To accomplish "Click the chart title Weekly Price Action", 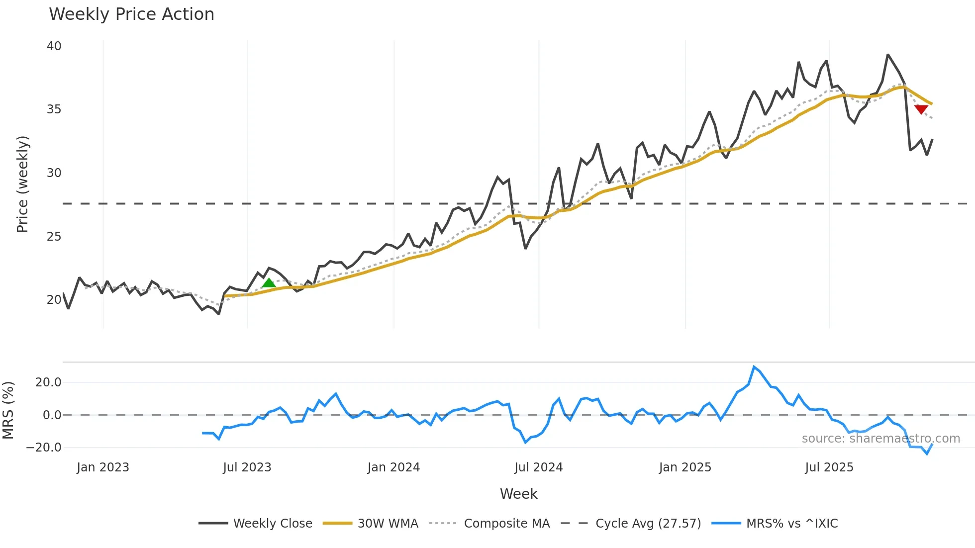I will (x=131, y=14).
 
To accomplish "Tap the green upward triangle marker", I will (x=269, y=283).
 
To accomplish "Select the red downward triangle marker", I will (x=921, y=109).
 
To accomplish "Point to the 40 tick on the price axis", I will (x=54, y=46).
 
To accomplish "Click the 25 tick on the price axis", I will (x=54, y=237).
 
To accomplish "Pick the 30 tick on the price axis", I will (x=54, y=173).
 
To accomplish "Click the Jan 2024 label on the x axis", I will (x=393, y=467).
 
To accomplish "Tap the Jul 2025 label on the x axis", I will (x=829, y=467).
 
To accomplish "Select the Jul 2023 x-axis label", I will (x=247, y=467).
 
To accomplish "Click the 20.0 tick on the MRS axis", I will (x=48, y=382).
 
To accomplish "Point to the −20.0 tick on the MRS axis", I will (x=44, y=448).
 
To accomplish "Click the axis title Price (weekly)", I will (x=22, y=184).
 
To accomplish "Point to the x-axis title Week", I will (x=518, y=494).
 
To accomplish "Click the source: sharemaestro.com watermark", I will (x=880, y=439).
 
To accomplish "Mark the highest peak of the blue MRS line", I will (x=754, y=367).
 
